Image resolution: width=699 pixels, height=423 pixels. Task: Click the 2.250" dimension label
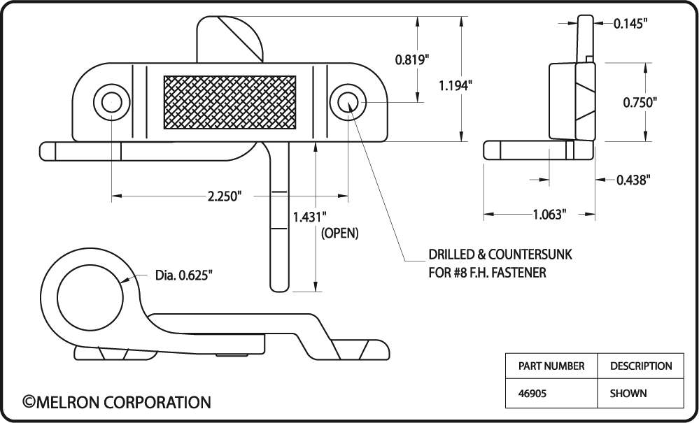point(225,196)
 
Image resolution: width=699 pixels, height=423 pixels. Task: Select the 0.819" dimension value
point(412,59)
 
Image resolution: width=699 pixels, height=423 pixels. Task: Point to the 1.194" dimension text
point(455,85)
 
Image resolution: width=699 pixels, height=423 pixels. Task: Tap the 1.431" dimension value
point(309,217)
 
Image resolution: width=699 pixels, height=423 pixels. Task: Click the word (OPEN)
point(339,234)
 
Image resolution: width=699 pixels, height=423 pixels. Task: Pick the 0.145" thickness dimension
point(630,24)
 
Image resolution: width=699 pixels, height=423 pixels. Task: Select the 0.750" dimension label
point(640,102)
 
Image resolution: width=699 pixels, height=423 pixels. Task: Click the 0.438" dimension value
point(633,180)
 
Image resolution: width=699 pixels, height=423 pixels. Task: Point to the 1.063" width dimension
point(550,215)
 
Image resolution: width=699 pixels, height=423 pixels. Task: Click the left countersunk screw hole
point(111,102)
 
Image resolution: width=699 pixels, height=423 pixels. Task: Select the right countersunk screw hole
point(348,102)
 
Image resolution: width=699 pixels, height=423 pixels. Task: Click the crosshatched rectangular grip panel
point(230,102)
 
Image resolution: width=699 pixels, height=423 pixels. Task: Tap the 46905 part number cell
point(532,394)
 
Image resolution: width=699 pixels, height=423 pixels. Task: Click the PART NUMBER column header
point(551,366)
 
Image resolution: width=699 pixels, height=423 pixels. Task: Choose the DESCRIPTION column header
point(641,366)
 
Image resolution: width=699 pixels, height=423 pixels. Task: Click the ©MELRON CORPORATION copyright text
point(117,402)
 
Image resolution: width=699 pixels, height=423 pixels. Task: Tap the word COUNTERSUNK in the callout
point(530,254)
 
